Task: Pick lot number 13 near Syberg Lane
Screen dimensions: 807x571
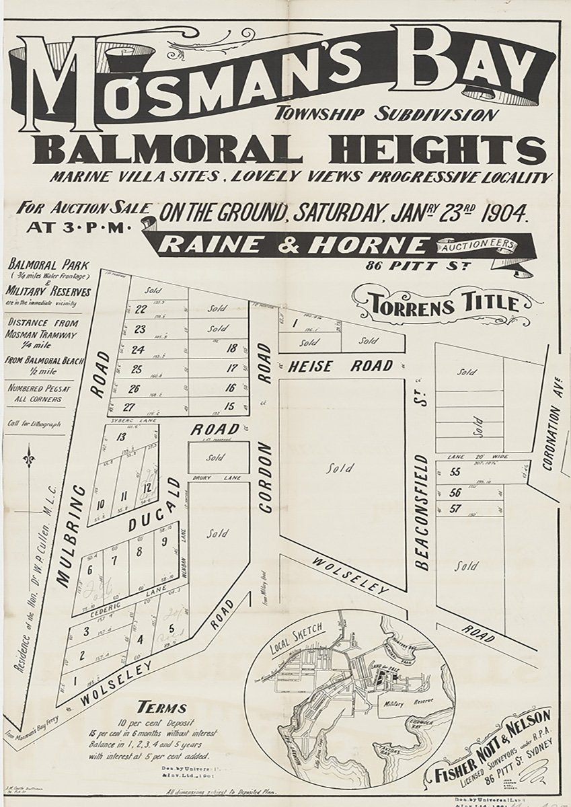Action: point(121,437)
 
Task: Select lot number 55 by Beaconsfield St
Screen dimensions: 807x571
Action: point(455,472)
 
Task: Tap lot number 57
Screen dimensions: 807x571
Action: point(455,508)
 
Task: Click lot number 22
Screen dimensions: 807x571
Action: point(141,310)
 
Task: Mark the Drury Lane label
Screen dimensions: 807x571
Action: point(209,479)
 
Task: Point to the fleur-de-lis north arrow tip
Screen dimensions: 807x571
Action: point(28,456)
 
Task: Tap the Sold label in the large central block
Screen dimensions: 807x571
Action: point(340,469)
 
